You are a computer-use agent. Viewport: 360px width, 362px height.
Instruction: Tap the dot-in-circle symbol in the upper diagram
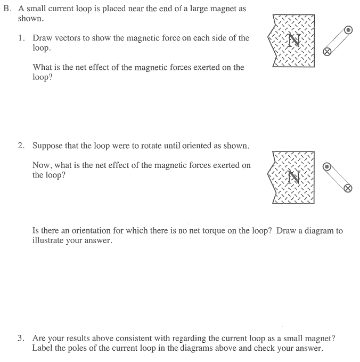tap(348, 30)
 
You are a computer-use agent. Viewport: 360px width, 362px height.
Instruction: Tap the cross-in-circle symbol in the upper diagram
tap(328, 52)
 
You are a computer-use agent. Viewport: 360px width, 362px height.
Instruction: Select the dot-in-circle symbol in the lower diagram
tap(328, 166)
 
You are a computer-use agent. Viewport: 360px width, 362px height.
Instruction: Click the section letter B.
tap(6, 10)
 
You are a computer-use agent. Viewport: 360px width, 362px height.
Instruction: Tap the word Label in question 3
tap(42, 348)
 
